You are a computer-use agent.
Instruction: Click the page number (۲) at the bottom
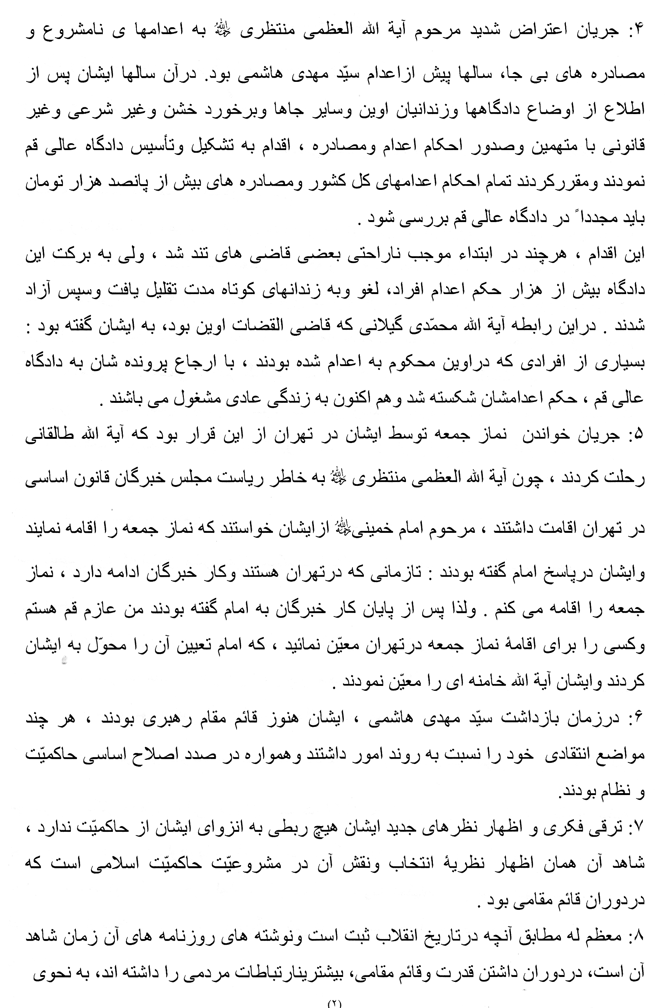334,1003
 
